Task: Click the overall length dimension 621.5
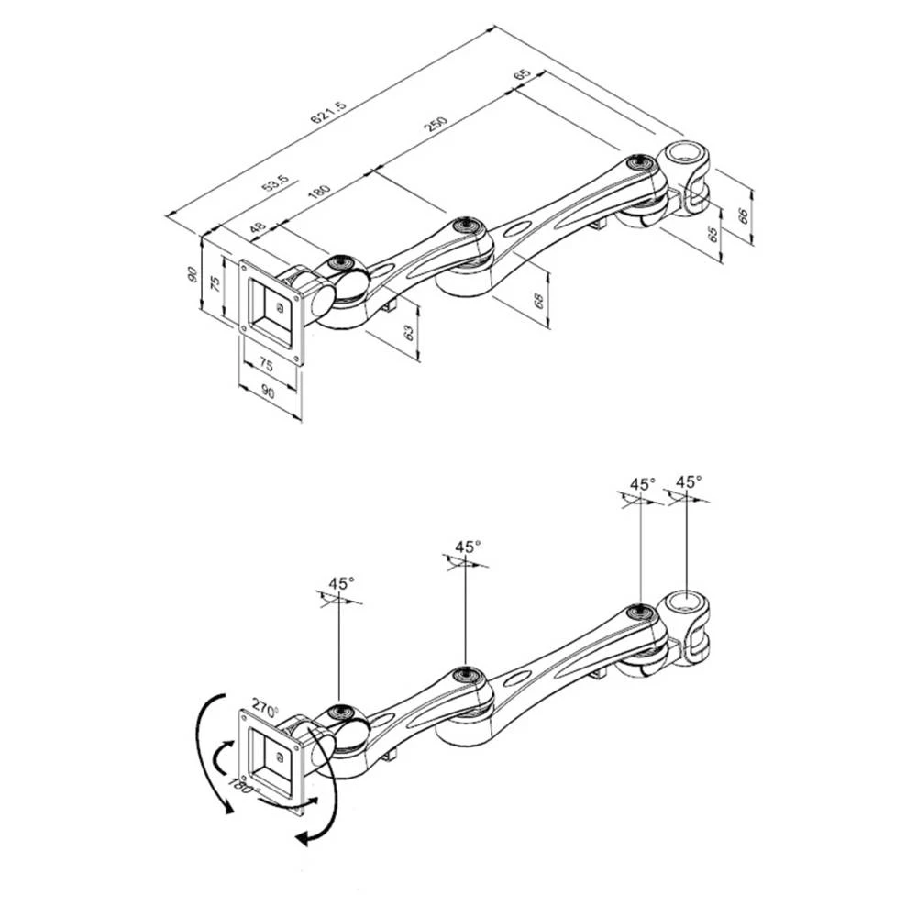point(327,114)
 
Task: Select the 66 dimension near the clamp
point(744,216)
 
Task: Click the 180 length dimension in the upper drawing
point(318,193)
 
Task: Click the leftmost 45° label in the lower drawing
point(341,583)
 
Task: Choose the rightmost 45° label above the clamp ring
point(689,481)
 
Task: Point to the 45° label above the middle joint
point(467,547)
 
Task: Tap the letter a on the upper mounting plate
point(278,309)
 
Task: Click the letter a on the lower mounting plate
point(278,757)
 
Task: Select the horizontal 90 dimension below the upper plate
point(268,392)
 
